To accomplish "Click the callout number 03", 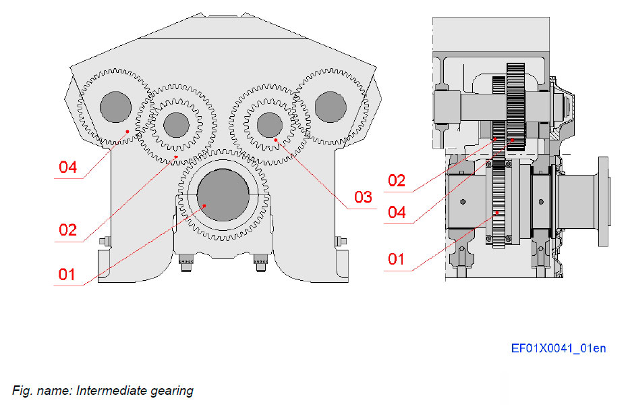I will [x=363, y=197].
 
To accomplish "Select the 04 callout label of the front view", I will [x=67, y=167].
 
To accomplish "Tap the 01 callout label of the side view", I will [x=396, y=259].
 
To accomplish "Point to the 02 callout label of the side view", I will [x=396, y=180].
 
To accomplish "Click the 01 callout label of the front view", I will [x=67, y=274].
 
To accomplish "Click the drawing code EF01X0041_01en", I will [x=558, y=348].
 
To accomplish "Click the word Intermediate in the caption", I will [x=106, y=390].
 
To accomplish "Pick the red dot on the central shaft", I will [x=205, y=205].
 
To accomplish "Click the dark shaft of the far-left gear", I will [x=115, y=106].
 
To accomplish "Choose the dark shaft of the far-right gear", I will [x=330, y=107].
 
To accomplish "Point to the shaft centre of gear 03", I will [x=269, y=124].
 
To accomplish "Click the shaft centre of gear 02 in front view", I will [x=176, y=124].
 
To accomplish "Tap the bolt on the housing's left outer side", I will [x=103, y=241].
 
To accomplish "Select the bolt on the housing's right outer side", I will [x=341, y=241].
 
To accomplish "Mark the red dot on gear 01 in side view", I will [x=498, y=212].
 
